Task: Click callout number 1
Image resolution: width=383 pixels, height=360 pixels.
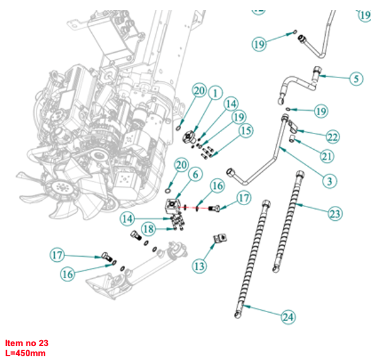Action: [214, 93]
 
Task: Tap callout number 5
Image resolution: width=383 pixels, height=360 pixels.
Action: [355, 79]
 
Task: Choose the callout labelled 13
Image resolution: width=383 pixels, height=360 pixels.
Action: [199, 266]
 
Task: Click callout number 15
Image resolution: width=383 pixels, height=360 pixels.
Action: [245, 131]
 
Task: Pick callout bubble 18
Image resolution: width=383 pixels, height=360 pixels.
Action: [148, 229]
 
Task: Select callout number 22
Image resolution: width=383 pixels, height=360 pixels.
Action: [333, 137]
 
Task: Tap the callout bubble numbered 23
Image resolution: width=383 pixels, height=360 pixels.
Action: [335, 214]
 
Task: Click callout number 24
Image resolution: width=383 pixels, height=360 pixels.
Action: [287, 317]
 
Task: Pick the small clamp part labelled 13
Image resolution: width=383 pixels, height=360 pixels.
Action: [220, 240]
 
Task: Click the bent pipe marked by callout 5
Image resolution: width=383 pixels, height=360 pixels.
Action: [301, 83]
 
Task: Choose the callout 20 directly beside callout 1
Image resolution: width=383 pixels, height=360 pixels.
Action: [199, 92]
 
